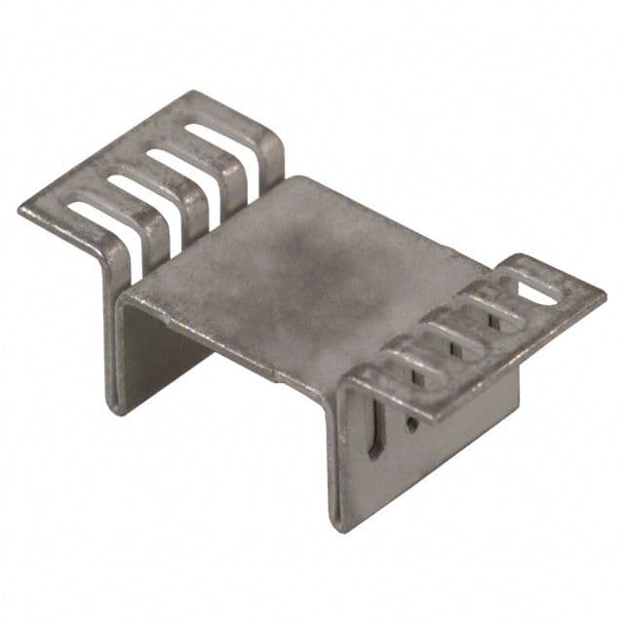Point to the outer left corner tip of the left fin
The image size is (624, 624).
click(x=20, y=210)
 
